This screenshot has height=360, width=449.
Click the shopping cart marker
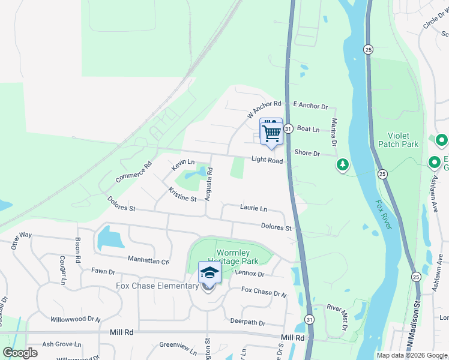click(271, 132)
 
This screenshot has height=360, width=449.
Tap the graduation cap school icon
click(209, 273)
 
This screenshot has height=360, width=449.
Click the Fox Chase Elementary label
click(157, 286)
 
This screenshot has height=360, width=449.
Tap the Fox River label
click(385, 215)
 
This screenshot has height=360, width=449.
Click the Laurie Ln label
click(253, 208)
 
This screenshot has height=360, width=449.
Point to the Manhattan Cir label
click(148, 260)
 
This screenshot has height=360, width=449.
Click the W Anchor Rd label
click(264, 109)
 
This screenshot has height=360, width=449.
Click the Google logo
click(20, 352)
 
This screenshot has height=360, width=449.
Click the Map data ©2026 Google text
click(411, 355)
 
